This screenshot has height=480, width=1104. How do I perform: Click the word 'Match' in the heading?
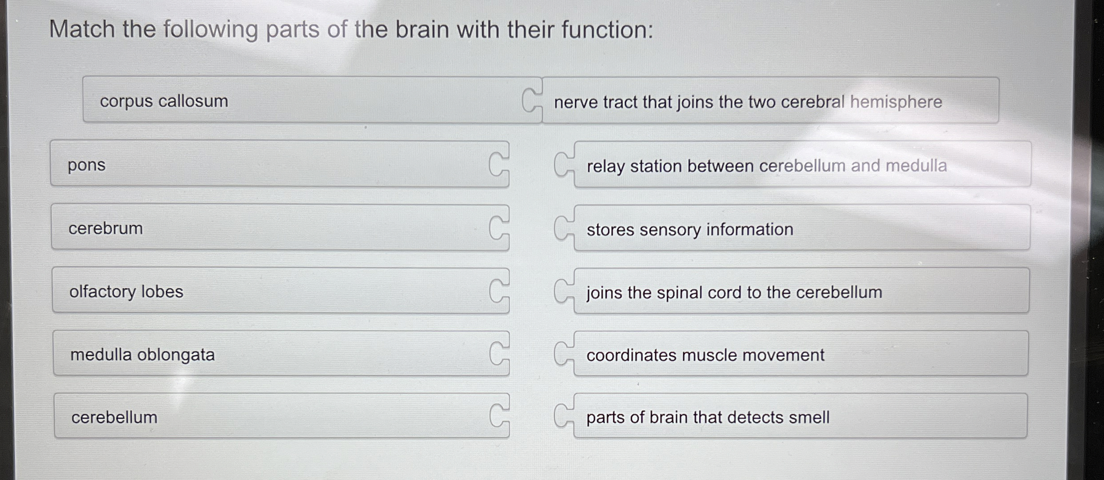coord(82,29)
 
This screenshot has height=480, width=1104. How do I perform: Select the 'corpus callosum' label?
coord(164,101)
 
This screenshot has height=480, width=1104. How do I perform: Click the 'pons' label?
coord(87,165)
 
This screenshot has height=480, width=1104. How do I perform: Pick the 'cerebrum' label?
coord(106,228)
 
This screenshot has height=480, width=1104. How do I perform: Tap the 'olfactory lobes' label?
coord(126,292)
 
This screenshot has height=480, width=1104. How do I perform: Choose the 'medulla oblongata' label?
coord(143,355)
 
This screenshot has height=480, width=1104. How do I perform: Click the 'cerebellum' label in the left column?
coord(114,418)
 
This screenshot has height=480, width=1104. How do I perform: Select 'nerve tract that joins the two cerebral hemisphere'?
coord(748,102)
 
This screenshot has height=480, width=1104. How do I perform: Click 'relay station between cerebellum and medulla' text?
coord(767,166)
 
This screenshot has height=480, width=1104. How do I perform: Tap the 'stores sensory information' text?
coord(690,230)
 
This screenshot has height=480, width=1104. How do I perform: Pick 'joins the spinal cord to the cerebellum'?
coord(734,293)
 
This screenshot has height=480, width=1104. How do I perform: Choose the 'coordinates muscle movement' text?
coord(705,355)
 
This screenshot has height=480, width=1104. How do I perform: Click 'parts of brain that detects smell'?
coord(708,418)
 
